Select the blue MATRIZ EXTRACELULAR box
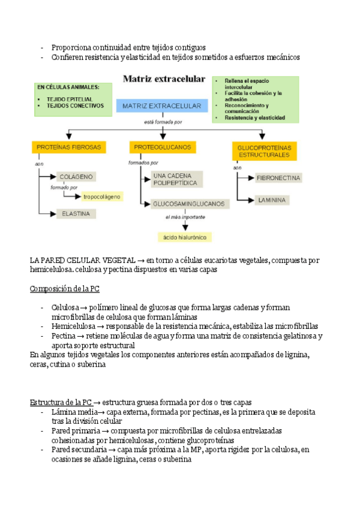pyautogui.click(x=162, y=106)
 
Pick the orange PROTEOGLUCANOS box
pyautogui.click(x=162, y=146)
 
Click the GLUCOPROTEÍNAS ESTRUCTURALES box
pyautogui.click(x=264, y=151)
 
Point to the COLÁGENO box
pyautogui.click(x=76, y=176)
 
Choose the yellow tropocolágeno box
pyautogui.click(x=101, y=196)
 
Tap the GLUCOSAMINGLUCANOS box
pyautogui.click(x=188, y=203)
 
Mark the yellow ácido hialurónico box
pyautogui.click(x=185, y=237)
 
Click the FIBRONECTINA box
pyautogui.click(x=278, y=178)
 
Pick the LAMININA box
pyautogui.click(x=271, y=199)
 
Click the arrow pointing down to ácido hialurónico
pyautogui.click(x=185, y=225)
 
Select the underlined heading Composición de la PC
pyautogui.click(x=65, y=289)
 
